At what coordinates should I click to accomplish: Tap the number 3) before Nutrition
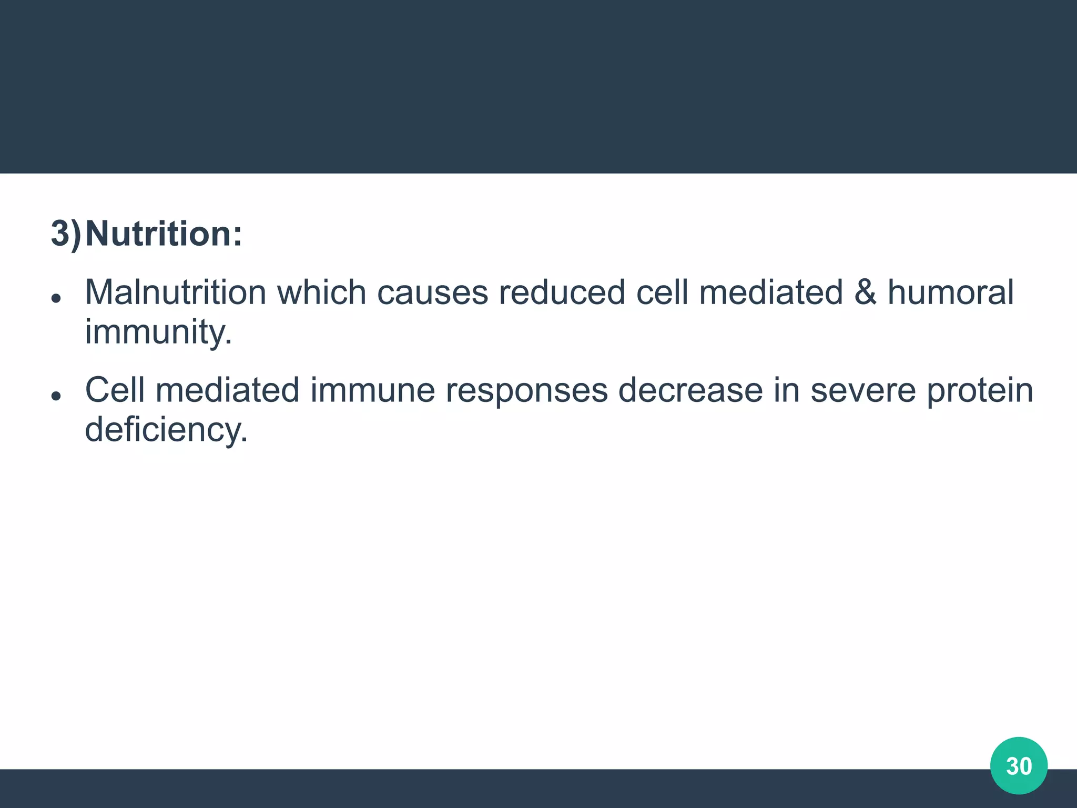click(66, 233)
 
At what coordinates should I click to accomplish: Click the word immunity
click(158, 332)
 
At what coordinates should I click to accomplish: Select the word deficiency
click(166, 430)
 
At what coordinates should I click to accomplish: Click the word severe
click(863, 390)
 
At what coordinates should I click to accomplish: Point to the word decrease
click(690, 390)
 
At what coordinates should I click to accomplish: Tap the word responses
click(526, 391)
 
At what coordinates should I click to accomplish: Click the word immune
click(372, 390)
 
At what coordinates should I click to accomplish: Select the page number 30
click(1019, 766)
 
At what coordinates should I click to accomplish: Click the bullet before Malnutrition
click(56, 298)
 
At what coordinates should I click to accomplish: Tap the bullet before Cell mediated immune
click(56, 396)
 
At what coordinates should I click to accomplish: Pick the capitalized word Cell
click(115, 390)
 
